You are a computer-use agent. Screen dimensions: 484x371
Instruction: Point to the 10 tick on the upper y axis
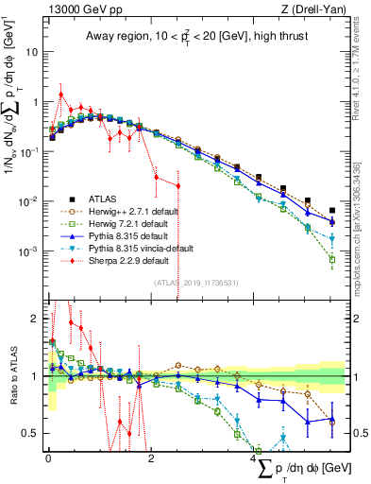[33, 52]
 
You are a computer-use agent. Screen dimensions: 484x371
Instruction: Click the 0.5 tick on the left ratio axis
[30, 433]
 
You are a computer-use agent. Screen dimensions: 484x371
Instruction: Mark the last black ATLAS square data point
[331, 211]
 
